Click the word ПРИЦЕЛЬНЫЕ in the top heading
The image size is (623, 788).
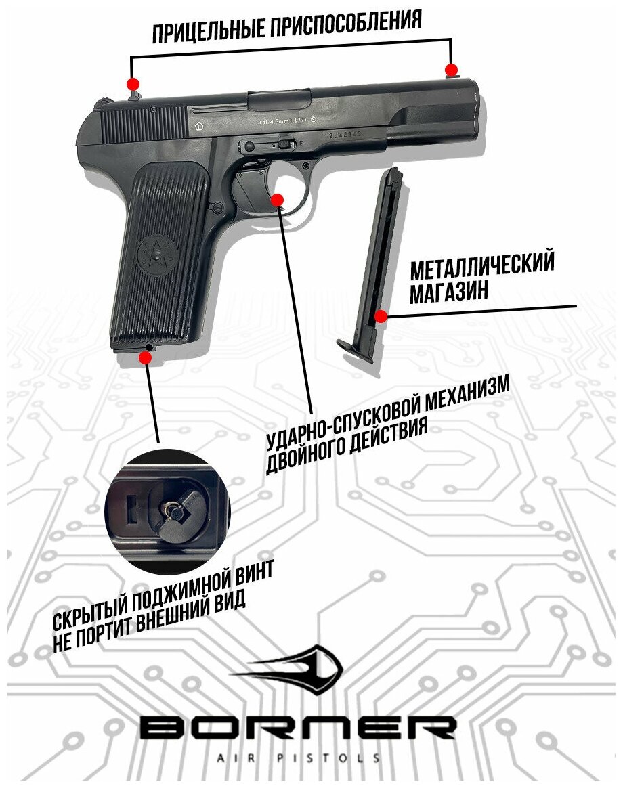(210, 31)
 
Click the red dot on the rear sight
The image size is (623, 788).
(133, 84)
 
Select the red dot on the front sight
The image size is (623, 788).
(451, 70)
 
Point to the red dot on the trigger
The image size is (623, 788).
(277, 198)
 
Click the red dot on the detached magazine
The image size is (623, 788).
(381, 315)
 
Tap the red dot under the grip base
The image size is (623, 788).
(146, 356)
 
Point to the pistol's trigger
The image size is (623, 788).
(253, 188)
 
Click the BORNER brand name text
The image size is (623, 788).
(298, 728)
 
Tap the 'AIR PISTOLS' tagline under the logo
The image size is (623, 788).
(298, 756)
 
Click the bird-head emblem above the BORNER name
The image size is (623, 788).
(291, 668)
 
